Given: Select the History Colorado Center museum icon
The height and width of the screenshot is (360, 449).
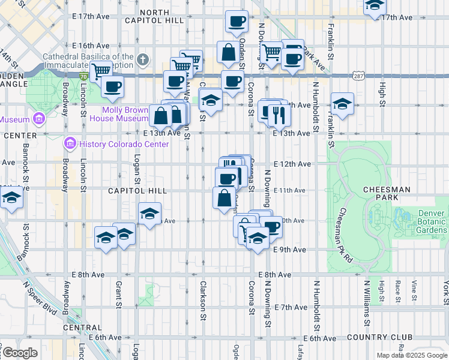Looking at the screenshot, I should click(x=70, y=144).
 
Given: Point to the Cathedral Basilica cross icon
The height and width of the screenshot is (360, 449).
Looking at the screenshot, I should click(x=142, y=59).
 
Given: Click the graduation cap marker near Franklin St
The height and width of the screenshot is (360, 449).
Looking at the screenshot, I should click(x=342, y=104).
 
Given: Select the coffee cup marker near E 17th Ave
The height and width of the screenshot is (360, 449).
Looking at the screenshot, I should click(x=237, y=22).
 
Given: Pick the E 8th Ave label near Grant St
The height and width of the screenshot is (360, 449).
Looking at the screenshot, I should click(x=88, y=274).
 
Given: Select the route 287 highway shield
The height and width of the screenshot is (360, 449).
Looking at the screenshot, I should click(x=358, y=77).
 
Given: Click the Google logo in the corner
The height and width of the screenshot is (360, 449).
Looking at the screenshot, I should click(x=19, y=353).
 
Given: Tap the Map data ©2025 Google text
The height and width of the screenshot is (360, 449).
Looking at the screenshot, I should click(x=411, y=355).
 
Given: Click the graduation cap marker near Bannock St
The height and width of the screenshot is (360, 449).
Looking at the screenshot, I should click(x=11, y=197).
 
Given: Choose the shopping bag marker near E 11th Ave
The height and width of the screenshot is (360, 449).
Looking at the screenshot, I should click(x=224, y=197).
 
